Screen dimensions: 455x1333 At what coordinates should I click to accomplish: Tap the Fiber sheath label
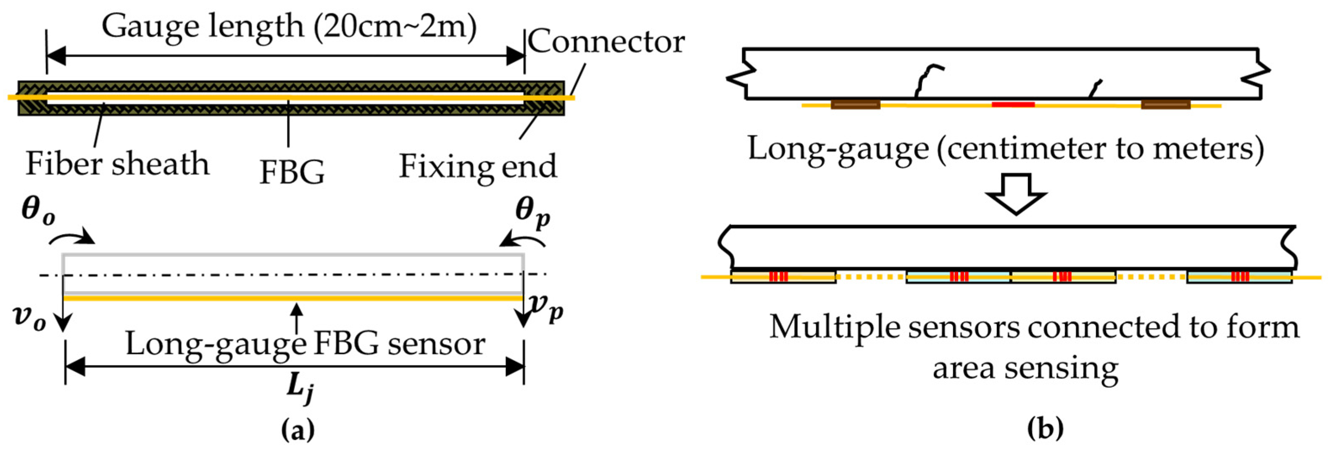pos(118,165)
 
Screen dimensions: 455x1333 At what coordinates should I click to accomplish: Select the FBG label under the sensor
pos(292,172)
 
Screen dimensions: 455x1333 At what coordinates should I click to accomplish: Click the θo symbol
pos(37,212)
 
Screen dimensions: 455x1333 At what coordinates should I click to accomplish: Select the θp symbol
pos(532,212)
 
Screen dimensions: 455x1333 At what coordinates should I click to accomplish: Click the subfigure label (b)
pos(1045,429)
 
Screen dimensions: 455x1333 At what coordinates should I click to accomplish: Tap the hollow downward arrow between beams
pos(1016,194)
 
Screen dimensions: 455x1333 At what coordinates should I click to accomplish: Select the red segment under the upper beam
pos(1013,105)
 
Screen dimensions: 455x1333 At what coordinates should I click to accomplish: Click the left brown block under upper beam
pos(855,105)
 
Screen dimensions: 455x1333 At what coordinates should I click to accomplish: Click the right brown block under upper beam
pos(1165,105)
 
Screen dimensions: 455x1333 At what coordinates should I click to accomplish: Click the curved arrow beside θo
pos(72,238)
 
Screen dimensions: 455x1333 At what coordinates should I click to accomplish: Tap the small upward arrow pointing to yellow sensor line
pos(297,316)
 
